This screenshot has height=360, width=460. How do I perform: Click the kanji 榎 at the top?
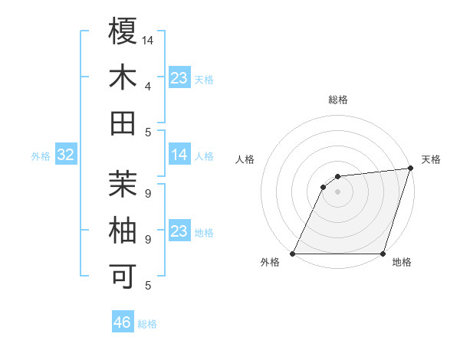click(123, 31)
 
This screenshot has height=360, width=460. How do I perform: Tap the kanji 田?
click(123, 123)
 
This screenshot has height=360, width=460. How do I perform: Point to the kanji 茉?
click(123, 184)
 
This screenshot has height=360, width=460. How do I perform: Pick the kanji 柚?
click(123, 231)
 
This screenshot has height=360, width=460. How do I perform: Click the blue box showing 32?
click(65, 155)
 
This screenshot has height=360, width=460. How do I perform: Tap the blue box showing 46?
click(123, 322)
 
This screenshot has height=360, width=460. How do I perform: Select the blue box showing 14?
click(179, 155)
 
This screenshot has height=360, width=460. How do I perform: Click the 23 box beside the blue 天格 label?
click(179, 78)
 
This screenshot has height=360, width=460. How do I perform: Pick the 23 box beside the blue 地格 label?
click(179, 231)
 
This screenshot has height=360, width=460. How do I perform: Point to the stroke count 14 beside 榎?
click(148, 40)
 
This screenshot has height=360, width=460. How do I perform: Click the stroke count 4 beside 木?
click(148, 86)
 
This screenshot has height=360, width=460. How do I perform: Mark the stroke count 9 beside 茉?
click(148, 192)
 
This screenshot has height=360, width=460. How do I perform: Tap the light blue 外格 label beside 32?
click(41, 156)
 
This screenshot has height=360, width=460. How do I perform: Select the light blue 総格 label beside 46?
click(147, 324)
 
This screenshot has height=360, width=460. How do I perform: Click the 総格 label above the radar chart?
click(337, 100)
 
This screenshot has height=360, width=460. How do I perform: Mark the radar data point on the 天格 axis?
click(411, 169)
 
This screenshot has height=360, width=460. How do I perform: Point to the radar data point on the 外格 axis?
click(293, 254)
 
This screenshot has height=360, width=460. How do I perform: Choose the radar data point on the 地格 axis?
click(383, 254)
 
